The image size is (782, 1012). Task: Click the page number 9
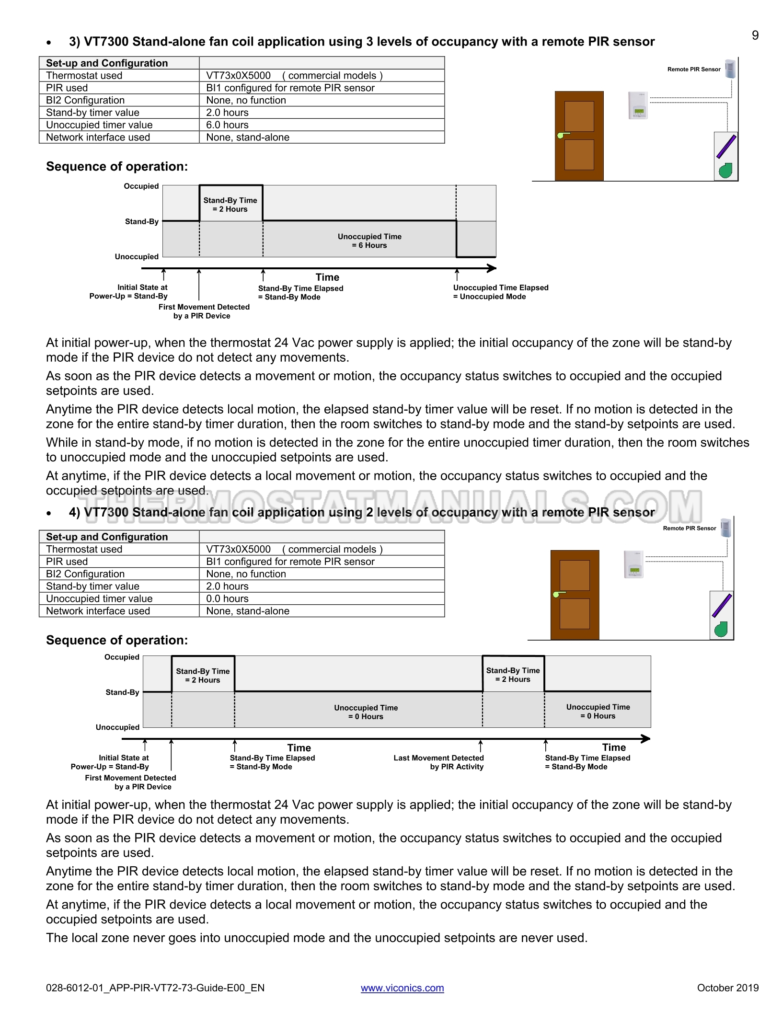point(755,35)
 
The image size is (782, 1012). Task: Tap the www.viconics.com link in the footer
point(402,988)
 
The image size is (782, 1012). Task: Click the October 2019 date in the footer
point(727,988)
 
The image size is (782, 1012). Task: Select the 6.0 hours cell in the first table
point(227,125)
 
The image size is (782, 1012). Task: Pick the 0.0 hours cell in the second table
point(227,598)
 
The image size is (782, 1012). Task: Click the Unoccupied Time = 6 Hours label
point(369,241)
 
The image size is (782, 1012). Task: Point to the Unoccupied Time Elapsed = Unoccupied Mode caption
point(500,292)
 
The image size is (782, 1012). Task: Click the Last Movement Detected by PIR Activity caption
point(438,762)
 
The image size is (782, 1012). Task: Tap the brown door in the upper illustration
point(579,136)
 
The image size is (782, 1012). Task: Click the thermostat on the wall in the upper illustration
point(638,105)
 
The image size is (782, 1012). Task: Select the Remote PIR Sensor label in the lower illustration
point(689,528)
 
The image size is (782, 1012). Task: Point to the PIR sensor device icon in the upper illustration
point(730,69)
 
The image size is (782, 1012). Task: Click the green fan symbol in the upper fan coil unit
point(726,170)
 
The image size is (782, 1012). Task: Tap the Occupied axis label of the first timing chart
point(141,186)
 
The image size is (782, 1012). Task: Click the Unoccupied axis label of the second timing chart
point(117,727)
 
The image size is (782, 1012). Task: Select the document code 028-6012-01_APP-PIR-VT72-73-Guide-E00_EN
point(155,988)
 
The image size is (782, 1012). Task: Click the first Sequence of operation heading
point(117,166)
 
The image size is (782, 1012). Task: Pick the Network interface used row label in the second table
point(98,611)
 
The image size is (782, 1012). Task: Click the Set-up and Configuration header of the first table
point(107,63)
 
